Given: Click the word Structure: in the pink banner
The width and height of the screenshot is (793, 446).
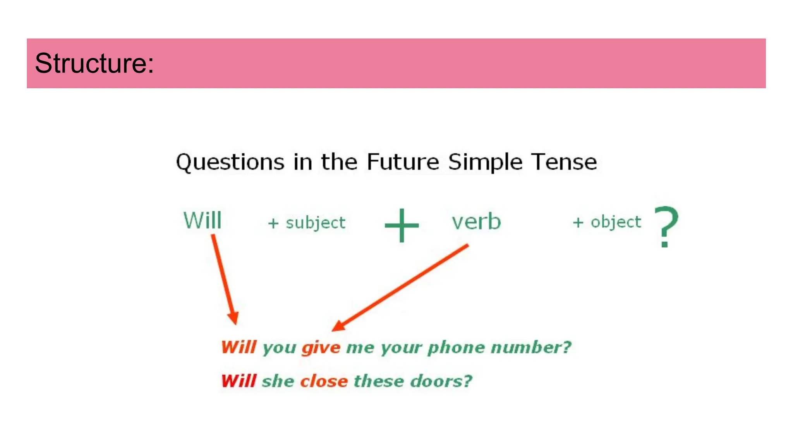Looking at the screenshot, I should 94,63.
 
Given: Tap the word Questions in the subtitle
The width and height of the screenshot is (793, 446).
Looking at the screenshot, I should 230,162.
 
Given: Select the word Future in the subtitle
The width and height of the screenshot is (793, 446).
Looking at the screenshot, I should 403,162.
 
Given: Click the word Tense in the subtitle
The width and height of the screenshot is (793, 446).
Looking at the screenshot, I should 564,162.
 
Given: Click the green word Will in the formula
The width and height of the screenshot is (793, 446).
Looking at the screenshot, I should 202,221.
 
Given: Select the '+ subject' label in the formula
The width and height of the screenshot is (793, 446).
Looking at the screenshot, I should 307,223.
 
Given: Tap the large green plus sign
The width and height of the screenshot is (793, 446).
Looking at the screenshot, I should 402,225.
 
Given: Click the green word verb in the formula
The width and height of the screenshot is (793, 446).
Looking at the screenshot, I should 476,221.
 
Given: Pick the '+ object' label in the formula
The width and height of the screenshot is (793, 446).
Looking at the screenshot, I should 607,222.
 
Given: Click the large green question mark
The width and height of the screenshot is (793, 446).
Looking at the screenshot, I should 666,227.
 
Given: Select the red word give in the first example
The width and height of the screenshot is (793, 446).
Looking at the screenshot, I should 321,348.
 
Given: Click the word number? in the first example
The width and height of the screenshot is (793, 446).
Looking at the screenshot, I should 531,347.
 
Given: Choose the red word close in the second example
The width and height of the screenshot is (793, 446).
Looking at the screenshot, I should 324,381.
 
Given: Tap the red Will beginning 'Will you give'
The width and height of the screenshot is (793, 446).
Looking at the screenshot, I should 239,347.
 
